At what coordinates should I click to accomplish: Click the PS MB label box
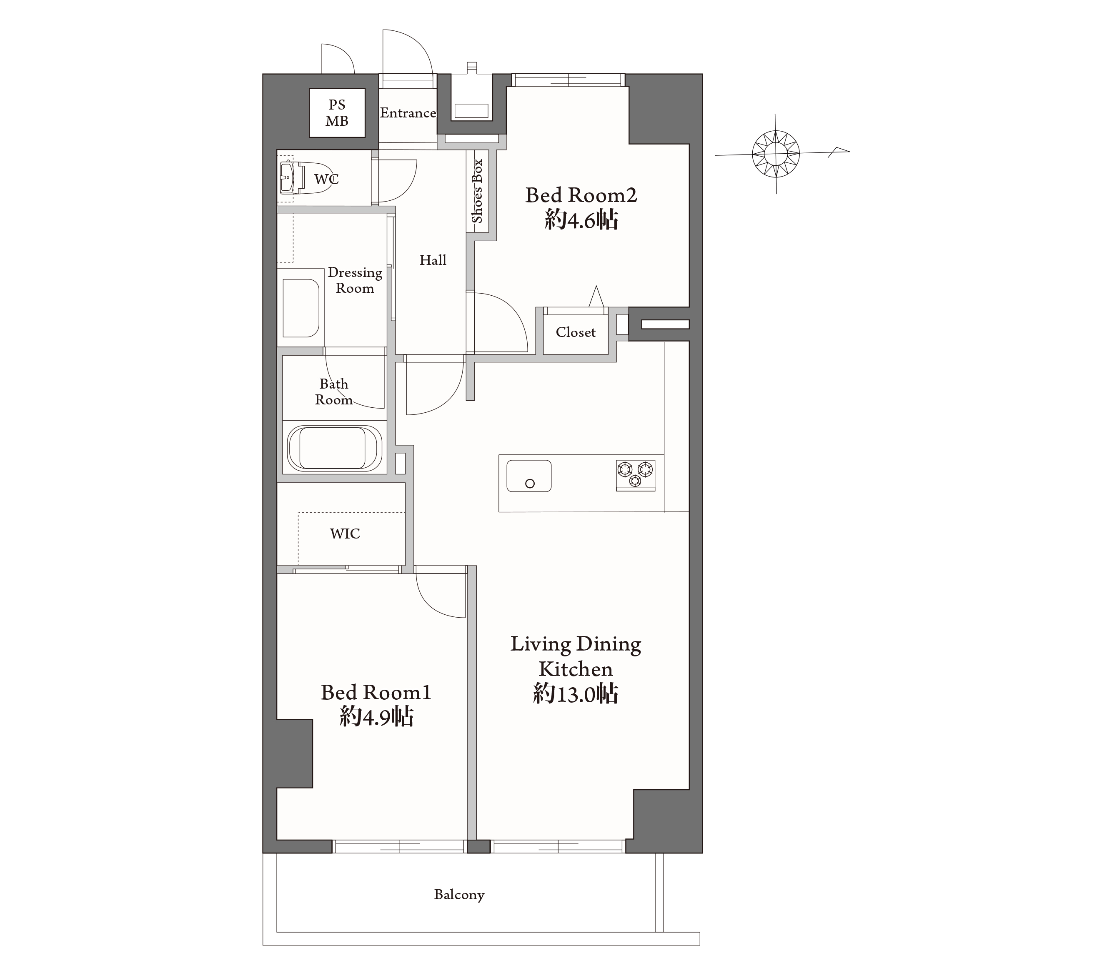coord(337,112)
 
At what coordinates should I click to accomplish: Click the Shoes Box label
coord(477,191)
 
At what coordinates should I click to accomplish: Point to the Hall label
coord(433,260)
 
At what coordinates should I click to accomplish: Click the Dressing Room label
coord(355,280)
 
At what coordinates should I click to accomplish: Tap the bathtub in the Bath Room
coord(334,449)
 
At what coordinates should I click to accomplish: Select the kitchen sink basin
coord(529,476)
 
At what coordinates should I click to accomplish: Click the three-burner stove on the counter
coord(636,475)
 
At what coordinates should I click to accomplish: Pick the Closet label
coord(576,332)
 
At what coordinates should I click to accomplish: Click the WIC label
coord(345,534)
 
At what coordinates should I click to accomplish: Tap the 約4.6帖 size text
coord(581,220)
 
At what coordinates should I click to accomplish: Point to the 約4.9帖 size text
coord(376,716)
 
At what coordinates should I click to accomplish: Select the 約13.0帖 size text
coord(576,693)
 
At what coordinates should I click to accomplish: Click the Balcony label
coord(459,895)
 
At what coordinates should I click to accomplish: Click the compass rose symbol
coord(775,154)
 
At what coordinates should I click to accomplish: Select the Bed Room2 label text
coord(581,195)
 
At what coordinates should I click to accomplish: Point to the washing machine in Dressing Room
coord(301,308)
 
